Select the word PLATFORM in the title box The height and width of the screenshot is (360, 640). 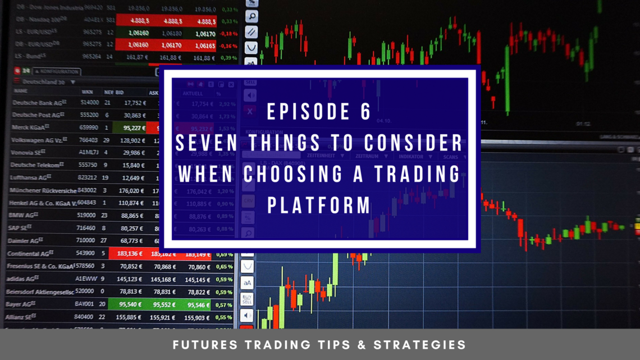pos(319,205)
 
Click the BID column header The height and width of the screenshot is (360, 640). pos(120,92)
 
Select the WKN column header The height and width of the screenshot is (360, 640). pos(87,92)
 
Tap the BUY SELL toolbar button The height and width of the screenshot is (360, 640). pos(247,299)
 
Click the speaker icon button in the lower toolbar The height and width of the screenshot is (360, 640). pos(247,316)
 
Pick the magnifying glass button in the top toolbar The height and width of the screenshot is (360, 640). pos(252,17)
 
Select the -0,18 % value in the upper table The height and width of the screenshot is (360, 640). pos(228,34)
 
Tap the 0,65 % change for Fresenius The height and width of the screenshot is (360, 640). pos(224,267)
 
